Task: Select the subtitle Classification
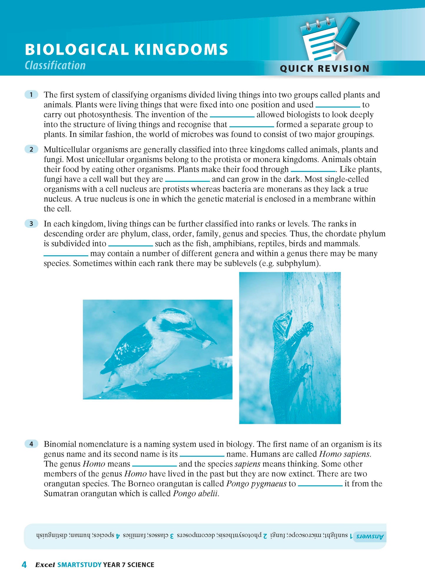[x=55, y=65]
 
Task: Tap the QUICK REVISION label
[x=324, y=69]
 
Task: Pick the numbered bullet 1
[x=31, y=95]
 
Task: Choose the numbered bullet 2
[x=31, y=149]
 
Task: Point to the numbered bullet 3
[x=31, y=224]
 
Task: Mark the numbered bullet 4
[x=31, y=444]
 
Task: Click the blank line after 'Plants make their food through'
[x=313, y=171]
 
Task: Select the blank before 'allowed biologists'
[x=232, y=116]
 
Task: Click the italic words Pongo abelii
[x=196, y=494]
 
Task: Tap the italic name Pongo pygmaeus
[x=256, y=484]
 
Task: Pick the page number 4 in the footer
[x=24, y=565]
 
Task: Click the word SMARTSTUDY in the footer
[x=79, y=565]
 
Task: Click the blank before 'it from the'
[x=320, y=485]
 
